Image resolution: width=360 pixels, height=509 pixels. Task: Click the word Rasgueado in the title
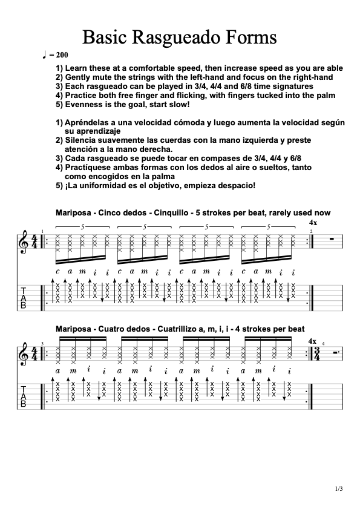[x=180, y=38]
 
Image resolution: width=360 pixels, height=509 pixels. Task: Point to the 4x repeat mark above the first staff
[x=313, y=224]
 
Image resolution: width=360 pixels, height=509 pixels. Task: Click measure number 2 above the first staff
[x=311, y=232]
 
